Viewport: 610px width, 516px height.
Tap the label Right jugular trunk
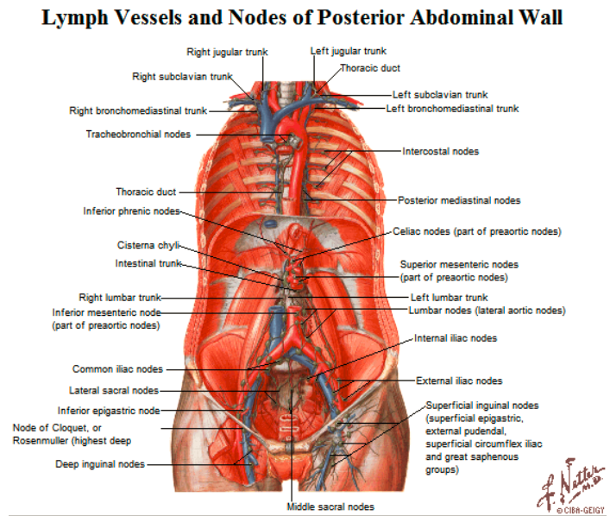click(x=227, y=52)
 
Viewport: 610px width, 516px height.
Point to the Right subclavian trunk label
click(x=181, y=77)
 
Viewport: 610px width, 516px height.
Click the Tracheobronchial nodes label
click(x=138, y=134)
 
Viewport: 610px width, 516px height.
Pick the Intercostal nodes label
click(x=440, y=152)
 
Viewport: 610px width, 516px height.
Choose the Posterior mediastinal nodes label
click(x=459, y=200)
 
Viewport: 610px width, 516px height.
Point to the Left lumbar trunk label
click(x=449, y=298)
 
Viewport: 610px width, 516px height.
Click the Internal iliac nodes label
click(x=456, y=338)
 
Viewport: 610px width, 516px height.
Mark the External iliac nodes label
click(x=459, y=381)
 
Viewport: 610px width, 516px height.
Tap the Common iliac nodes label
click(x=117, y=369)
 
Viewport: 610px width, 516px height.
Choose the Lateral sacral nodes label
click(x=114, y=390)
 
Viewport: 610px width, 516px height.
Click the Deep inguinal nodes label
click(x=100, y=464)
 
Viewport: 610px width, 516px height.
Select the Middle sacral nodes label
click(x=330, y=507)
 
